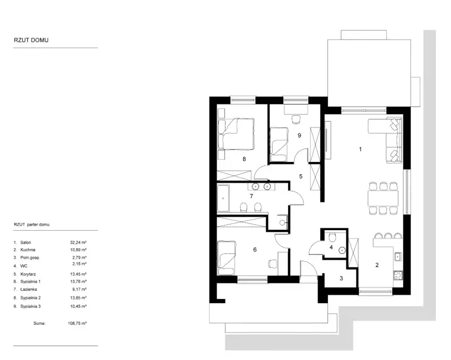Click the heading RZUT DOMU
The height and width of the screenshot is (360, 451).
[x=31, y=40]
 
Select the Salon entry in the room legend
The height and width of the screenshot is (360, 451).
[x=25, y=243]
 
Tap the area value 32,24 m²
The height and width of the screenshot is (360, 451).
[x=78, y=243]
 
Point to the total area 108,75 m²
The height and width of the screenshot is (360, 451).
[x=77, y=323]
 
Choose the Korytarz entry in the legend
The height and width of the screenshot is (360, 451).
[x=28, y=274]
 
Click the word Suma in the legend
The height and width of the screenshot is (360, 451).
[x=39, y=323]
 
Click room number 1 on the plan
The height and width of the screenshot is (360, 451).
[x=360, y=149]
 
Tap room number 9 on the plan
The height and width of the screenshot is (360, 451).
[x=299, y=135]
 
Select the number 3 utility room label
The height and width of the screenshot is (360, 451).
[x=341, y=278]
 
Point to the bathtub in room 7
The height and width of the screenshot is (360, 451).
[x=223, y=199]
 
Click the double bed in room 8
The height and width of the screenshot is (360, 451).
[x=236, y=133]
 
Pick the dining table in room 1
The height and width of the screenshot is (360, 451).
[x=383, y=198]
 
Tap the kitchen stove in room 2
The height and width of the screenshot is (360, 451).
[x=398, y=275]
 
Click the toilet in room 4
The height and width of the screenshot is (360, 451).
[x=332, y=237]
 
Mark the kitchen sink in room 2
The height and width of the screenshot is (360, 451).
[x=398, y=256]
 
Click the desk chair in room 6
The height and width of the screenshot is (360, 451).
[x=273, y=263]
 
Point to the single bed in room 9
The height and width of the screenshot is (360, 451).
[x=279, y=145]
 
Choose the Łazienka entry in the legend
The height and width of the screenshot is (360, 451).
[x=28, y=289]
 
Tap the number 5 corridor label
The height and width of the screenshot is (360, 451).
[x=301, y=176]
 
